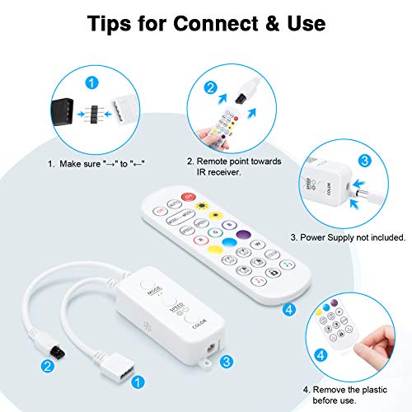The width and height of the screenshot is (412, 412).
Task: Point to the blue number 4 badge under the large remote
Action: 289,311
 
